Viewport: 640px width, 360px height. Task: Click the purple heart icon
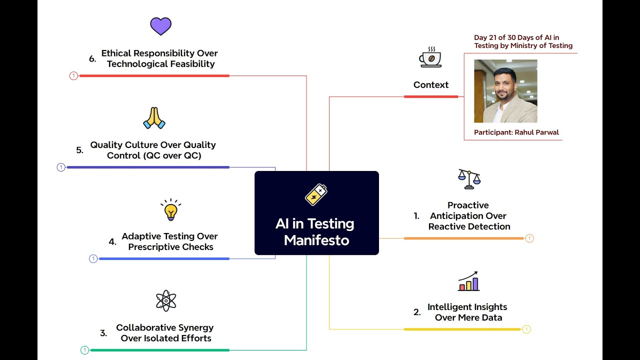point(160,26)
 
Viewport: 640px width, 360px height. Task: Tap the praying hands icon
point(154,118)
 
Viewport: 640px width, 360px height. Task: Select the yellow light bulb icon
point(170,209)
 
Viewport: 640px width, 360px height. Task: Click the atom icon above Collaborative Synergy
point(166,300)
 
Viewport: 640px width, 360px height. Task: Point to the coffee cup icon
point(430,57)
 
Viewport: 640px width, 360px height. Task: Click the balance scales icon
point(469,179)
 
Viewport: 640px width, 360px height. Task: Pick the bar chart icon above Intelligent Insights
point(468,281)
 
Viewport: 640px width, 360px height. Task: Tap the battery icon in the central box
point(316,194)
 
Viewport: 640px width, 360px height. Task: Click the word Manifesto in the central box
point(316,240)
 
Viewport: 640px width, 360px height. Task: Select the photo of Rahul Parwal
point(505,91)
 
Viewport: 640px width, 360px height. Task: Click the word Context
point(431,85)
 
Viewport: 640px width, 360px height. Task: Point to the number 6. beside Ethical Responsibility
point(92,59)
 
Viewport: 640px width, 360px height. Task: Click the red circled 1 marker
point(73,76)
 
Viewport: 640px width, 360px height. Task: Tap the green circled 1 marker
point(84,350)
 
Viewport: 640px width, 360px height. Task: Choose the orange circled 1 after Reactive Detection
point(529,238)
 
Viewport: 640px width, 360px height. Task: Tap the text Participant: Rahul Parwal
point(516,132)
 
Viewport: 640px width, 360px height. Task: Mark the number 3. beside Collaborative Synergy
point(103,333)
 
